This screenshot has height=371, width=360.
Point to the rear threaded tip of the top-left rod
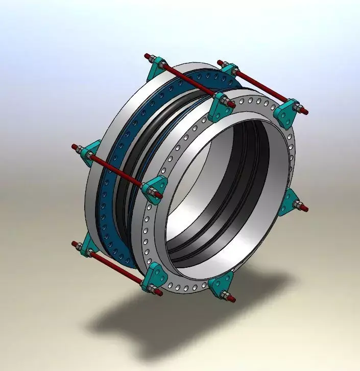[147, 55]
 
